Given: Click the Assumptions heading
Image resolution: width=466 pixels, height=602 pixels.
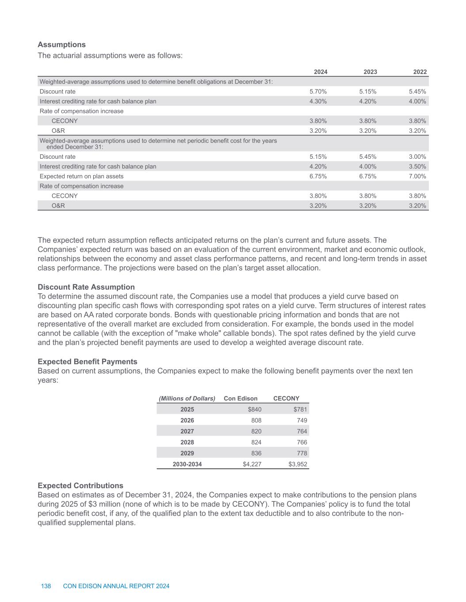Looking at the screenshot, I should [61, 45].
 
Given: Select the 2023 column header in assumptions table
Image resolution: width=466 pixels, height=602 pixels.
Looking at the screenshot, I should [370, 72].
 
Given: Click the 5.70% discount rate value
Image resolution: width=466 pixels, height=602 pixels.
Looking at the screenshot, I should [318, 92].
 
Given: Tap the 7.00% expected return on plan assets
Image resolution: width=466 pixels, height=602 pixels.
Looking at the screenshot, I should [417, 176].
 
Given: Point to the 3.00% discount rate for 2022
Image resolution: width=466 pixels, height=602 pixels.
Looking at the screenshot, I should [417, 157].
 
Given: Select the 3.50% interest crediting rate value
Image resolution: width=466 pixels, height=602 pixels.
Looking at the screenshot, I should [417, 167].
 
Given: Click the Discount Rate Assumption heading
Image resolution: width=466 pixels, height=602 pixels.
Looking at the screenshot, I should [86, 287].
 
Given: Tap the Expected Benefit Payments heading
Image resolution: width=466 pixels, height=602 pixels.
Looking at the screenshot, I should [87, 362].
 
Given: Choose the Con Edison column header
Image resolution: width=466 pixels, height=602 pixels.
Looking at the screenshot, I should [240, 398].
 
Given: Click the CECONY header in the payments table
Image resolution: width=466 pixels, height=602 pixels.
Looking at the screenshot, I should [286, 398].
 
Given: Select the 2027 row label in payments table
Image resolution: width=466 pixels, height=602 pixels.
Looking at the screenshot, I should [187, 431].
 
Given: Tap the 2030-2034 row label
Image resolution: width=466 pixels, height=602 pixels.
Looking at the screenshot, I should [187, 464].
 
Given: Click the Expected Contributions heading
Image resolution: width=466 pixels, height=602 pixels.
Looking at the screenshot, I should [80, 486].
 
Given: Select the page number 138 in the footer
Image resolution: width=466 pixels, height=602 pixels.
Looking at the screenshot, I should [46, 586].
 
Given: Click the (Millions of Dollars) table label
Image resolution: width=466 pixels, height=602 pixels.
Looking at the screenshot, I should [187, 398].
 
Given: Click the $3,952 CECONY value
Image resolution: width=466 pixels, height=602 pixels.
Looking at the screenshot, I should [298, 464].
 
